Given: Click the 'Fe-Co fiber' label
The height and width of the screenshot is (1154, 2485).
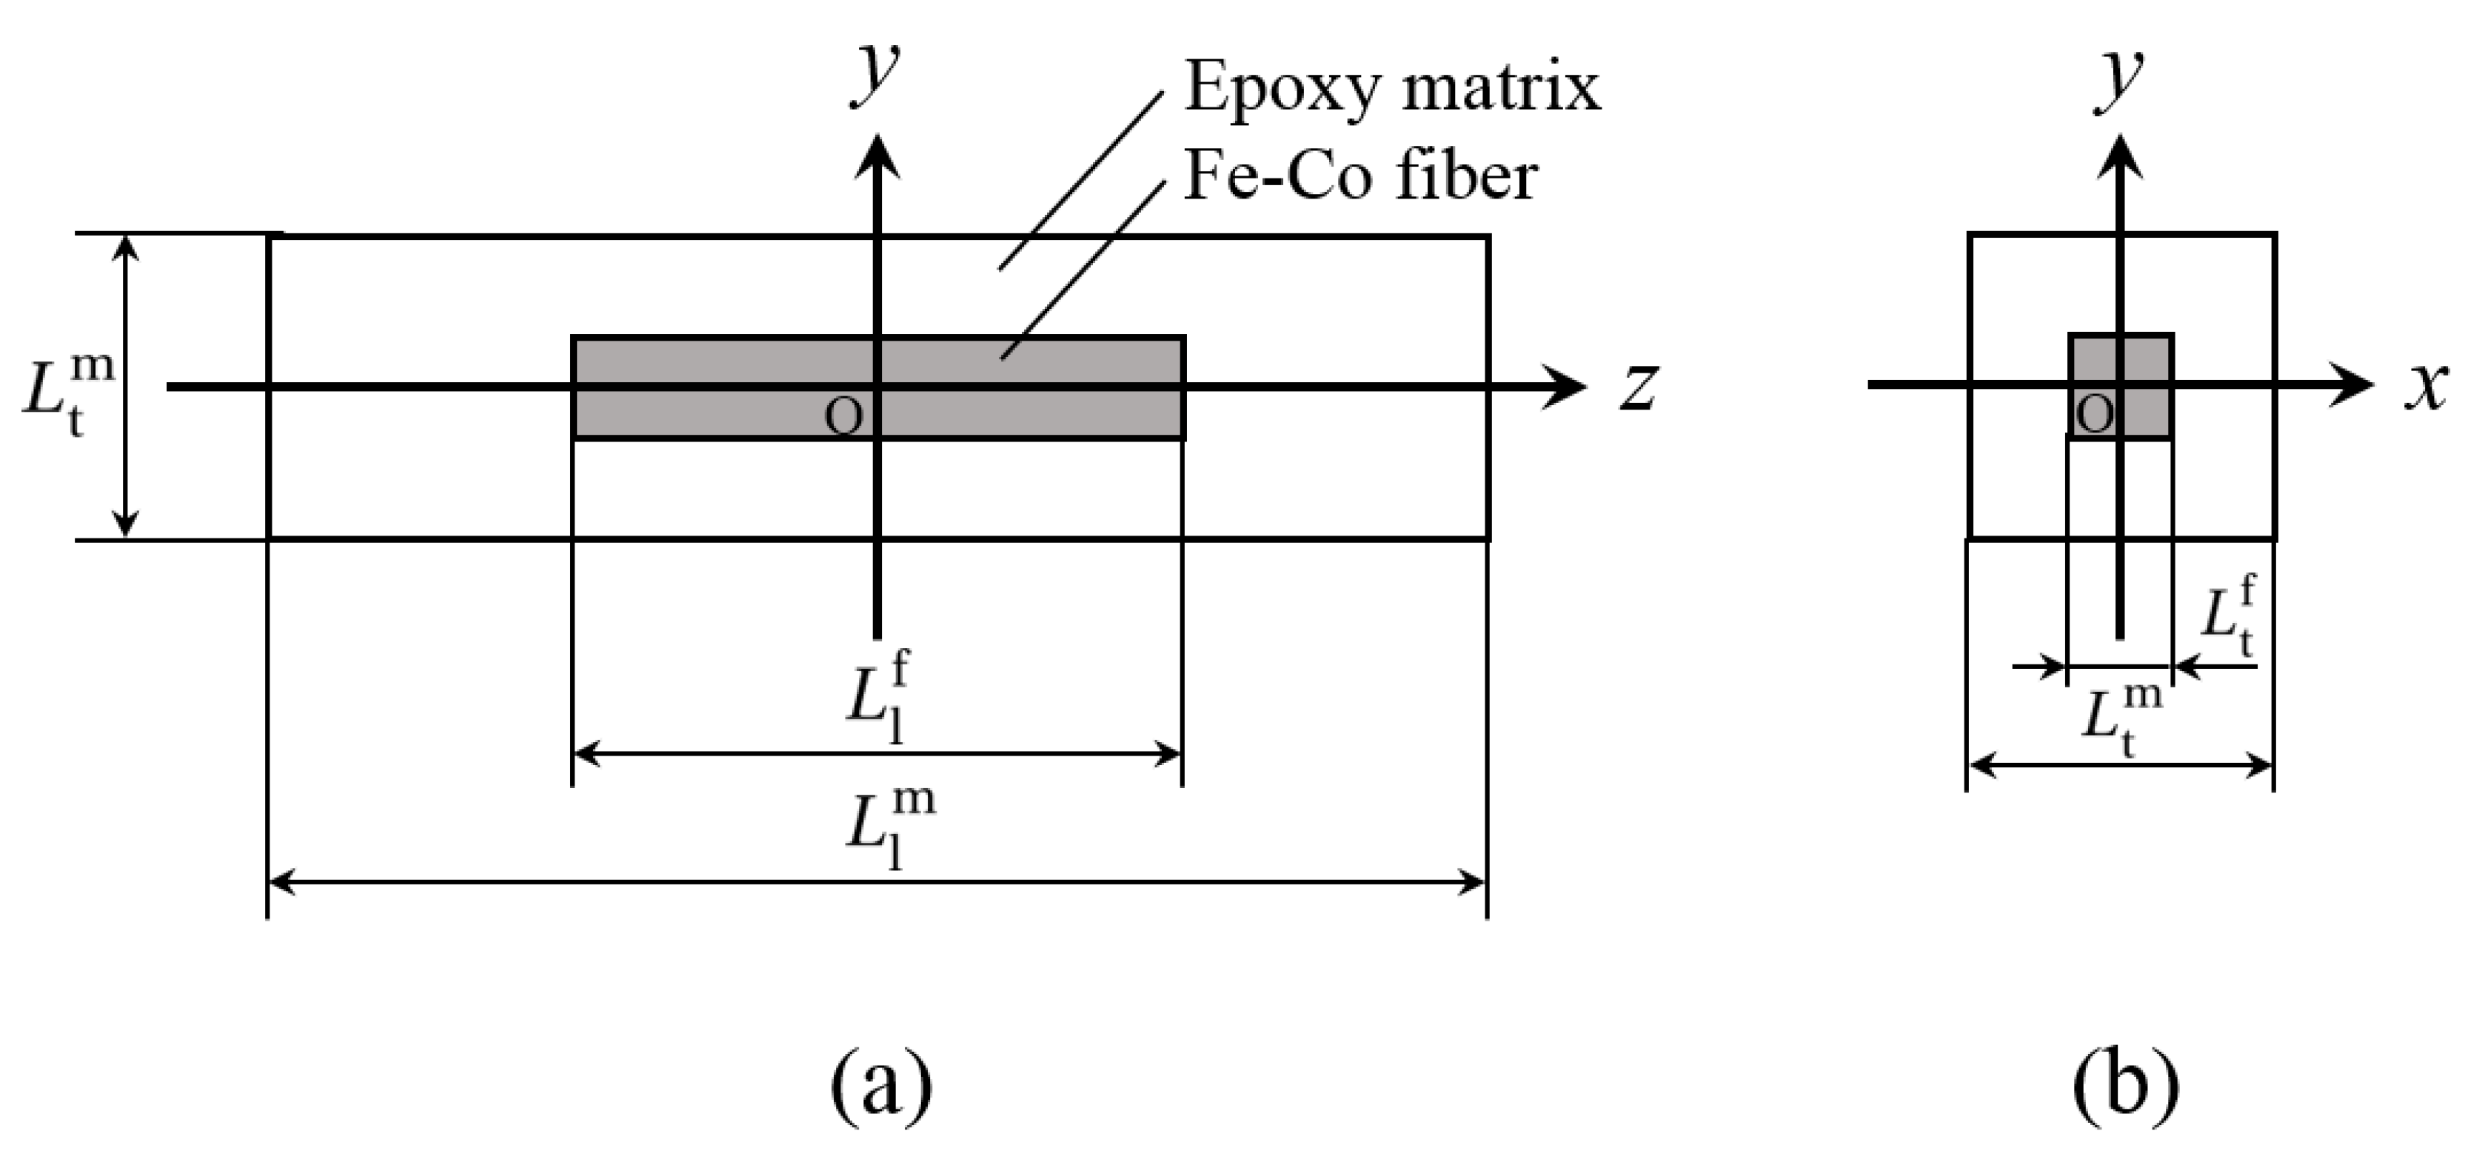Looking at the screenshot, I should click(1360, 178).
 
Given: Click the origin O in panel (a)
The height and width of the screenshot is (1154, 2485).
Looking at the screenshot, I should click(844, 417).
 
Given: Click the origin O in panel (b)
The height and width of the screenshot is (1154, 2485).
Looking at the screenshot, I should click(2094, 415).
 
